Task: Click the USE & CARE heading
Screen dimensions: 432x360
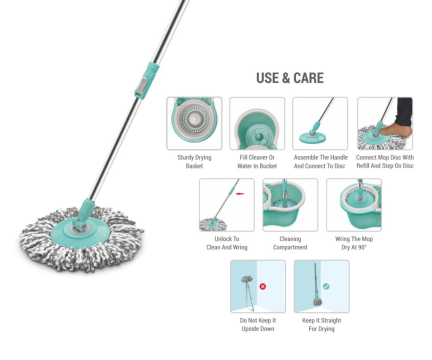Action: [290, 78]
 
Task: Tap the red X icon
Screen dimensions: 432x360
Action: [263, 287]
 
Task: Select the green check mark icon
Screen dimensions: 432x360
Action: [326, 287]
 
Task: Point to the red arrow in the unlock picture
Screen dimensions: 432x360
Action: [240, 194]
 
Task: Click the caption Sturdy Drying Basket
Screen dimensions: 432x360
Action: [194, 162]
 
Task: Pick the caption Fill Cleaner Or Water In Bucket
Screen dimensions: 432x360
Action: [257, 162]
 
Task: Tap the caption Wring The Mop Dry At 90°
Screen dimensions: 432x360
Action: [354, 243]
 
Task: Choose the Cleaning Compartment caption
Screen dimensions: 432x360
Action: [290, 243]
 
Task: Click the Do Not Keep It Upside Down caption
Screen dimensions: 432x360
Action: [258, 325]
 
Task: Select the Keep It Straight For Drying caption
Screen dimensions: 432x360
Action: [321, 325]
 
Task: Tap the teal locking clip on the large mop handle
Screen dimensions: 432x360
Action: [146, 81]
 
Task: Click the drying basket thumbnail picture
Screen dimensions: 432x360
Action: [194, 124]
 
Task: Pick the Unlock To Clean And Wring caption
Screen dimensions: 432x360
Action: [227, 243]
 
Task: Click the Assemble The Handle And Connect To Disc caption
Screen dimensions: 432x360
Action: [321, 162]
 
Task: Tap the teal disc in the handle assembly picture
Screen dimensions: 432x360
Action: [313, 138]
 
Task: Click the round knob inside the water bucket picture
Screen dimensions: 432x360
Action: [259, 136]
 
